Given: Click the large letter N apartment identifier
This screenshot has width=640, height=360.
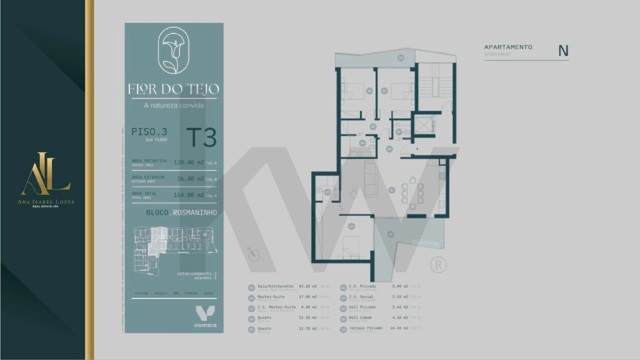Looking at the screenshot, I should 563,51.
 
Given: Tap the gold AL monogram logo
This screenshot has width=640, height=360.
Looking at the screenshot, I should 45,174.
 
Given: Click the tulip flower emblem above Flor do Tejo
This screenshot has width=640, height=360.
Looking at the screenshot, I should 173,50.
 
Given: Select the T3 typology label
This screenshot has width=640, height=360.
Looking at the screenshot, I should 201,137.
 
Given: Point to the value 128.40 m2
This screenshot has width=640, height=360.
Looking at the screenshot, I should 188,162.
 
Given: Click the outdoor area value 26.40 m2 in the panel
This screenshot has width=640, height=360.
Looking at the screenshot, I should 190,178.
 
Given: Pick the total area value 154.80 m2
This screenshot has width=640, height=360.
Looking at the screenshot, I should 188,195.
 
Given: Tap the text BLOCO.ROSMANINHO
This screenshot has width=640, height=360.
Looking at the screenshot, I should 181,212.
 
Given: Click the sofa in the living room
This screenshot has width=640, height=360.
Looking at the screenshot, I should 370,179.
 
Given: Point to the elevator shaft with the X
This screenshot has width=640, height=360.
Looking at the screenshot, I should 424,124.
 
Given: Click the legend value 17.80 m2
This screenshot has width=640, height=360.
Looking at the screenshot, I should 307,297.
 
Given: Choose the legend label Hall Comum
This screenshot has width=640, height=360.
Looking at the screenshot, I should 362,317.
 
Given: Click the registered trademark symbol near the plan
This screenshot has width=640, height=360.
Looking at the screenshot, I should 438,265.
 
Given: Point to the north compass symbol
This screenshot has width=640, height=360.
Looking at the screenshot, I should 254,255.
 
